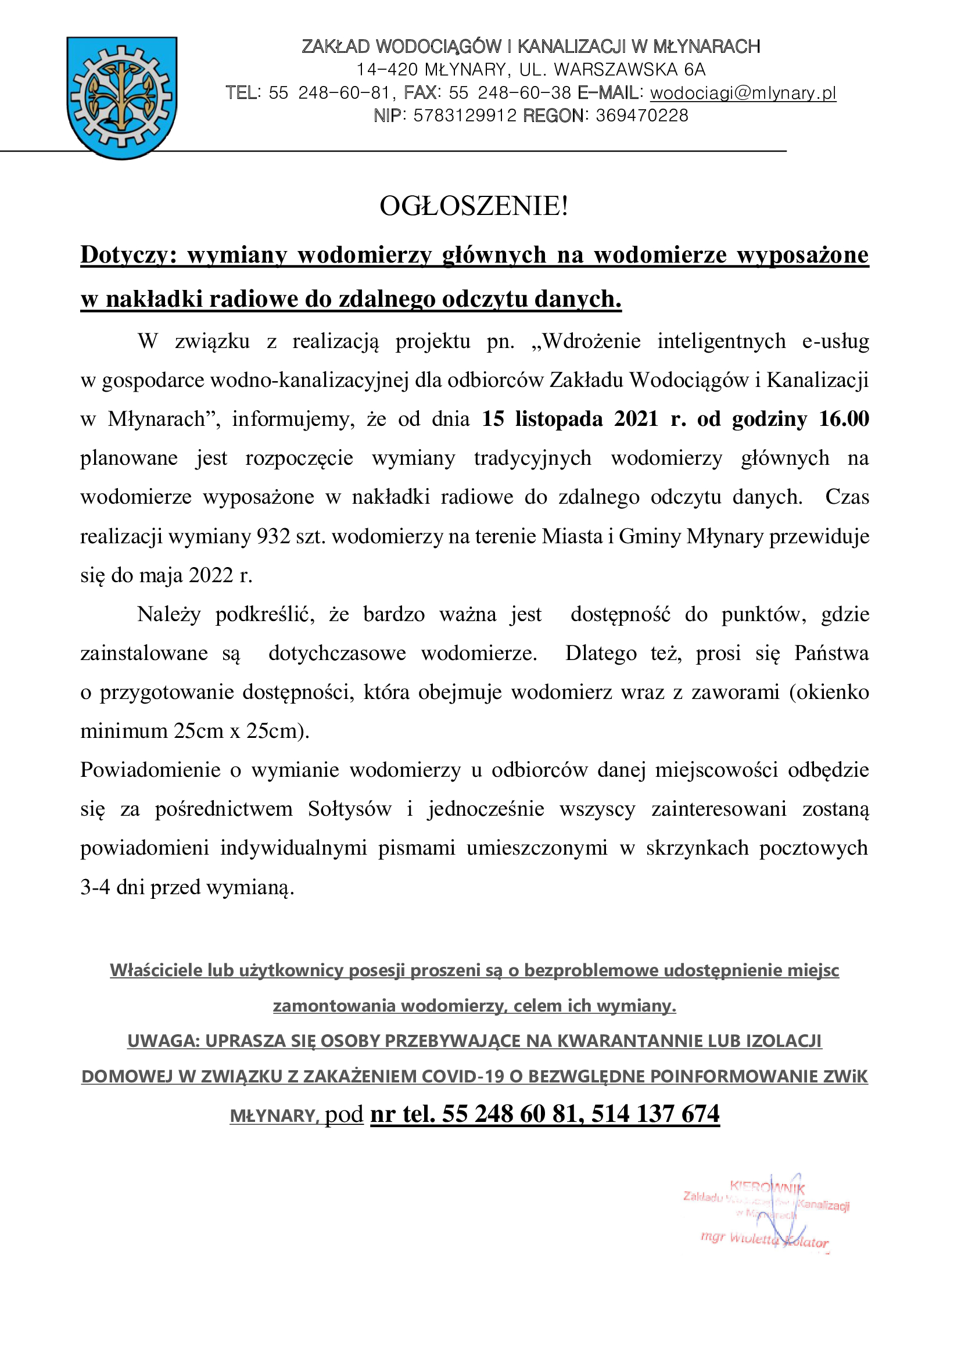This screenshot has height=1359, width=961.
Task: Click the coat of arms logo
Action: click(x=122, y=98)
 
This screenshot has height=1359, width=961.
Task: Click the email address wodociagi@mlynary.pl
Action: click(x=743, y=93)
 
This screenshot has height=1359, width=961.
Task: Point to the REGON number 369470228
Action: click(x=642, y=116)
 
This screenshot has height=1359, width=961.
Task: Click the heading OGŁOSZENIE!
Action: click(x=474, y=206)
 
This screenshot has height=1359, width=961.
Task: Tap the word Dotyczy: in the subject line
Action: click(x=129, y=255)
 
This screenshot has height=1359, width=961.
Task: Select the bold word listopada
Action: click(x=552, y=419)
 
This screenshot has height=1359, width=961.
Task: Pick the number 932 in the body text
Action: click(x=274, y=536)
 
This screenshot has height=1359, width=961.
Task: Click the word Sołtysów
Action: click(x=350, y=809)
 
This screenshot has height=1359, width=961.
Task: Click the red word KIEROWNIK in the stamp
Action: click(x=767, y=1186)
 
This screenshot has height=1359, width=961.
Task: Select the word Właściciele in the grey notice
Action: click(x=156, y=970)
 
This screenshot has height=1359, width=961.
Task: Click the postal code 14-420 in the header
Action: click(x=388, y=70)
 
